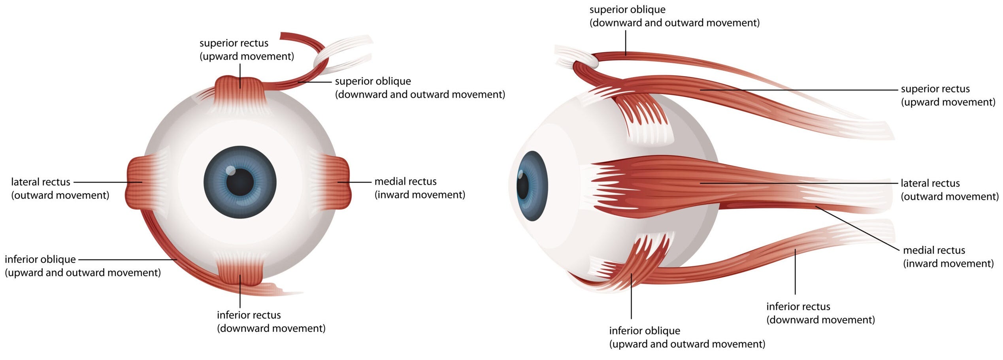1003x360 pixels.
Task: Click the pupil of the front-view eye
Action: coord(239,182)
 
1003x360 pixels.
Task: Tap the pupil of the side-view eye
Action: coord(522,186)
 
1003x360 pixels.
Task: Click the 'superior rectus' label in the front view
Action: coord(234,43)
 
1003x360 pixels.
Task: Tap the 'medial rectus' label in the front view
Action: coord(405,181)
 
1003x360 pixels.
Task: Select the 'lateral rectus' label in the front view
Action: coord(40,182)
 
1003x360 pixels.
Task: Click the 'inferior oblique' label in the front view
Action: coord(40,259)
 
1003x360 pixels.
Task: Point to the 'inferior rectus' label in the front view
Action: coord(249,315)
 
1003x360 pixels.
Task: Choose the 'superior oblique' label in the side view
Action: coord(627,9)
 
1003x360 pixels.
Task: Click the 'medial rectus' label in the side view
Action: coord(934,250)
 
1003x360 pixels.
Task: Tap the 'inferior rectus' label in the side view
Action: coord(798,306)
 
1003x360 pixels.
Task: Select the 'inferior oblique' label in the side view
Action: coord(645,330)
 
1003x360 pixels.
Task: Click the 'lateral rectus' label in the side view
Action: coord(930,183)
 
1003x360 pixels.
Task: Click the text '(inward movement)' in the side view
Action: coord(948,264)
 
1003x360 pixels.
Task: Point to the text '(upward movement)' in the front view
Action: coord(247,57)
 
